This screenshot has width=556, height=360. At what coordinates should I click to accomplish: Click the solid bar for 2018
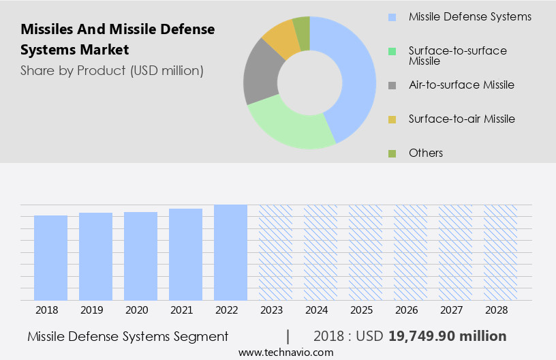click(x=50, y=258)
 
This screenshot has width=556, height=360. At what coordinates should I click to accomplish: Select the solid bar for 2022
click(x=230, y=252)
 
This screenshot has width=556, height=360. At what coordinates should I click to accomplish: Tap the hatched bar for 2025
click(x=365, y=252)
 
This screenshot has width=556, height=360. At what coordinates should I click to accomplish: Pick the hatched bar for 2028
click(x=500, y=252)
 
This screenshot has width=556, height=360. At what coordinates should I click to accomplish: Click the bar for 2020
click(x=140, y=256)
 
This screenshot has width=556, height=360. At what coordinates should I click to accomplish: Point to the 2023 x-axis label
click(x=275, y=310)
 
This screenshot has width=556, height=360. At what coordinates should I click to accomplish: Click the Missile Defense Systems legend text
click(x=469, y=16)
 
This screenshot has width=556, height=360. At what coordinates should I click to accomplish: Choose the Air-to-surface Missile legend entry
click(x=461, y=85)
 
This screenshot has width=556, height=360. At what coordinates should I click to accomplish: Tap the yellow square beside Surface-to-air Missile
click(x=392, y=119)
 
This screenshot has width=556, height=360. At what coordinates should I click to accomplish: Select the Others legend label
click(x=426, y=153)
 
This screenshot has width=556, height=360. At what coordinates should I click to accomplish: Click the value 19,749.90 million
click(x=448, y=336)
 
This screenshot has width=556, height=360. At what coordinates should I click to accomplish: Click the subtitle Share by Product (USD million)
click(x=112, y=70)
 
